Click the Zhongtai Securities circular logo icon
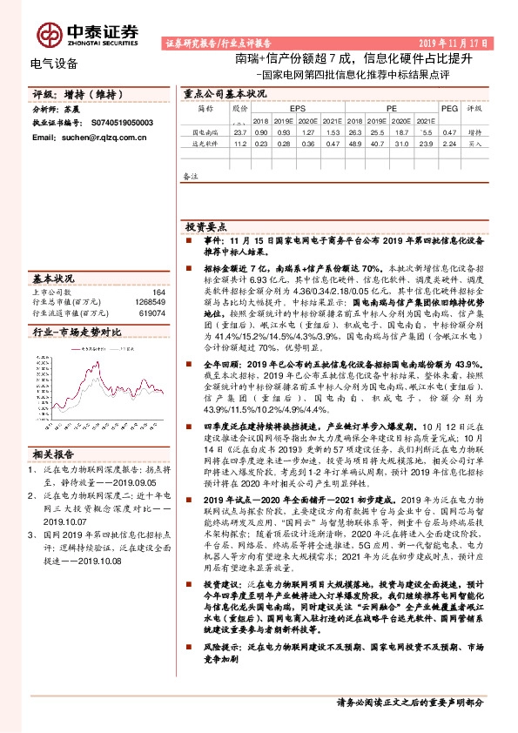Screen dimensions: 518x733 (x=49, y=33)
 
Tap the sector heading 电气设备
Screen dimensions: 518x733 (x=54, y=64)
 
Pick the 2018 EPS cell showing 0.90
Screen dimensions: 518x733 (x=260, y=131)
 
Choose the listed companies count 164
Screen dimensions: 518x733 (x=158, y=293)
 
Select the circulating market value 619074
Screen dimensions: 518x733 (x=152, y=312)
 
